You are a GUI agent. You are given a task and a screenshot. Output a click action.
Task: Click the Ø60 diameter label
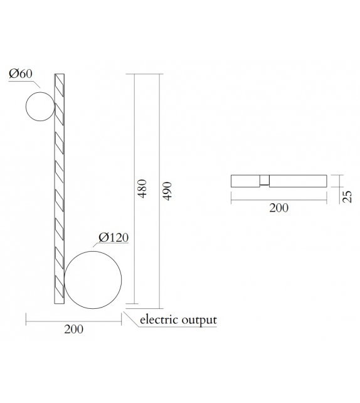tap(19, 75)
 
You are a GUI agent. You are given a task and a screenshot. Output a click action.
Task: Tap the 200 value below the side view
tap(73, 329)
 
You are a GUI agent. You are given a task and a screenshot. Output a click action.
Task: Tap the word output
tap(199, 320)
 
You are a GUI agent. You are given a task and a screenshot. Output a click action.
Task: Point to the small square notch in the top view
tap(265, 181)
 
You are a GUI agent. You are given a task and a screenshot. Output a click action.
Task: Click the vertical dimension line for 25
tap(338, 181)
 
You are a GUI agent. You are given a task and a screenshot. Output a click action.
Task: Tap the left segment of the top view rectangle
tap(246, 181)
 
